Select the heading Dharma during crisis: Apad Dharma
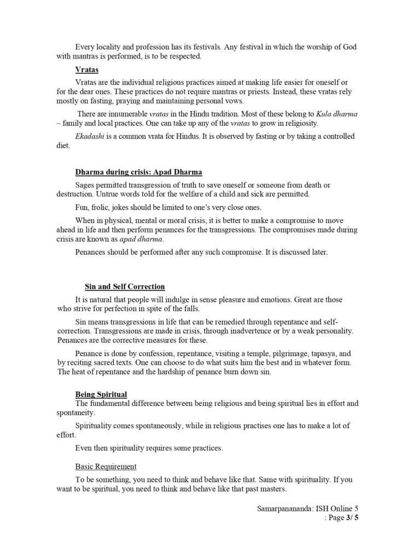click(x=138, y=172)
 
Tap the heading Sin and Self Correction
click(x=125, y=286)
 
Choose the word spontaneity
click(x=78, y=413)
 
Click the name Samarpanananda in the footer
click(x=283, y=508)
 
